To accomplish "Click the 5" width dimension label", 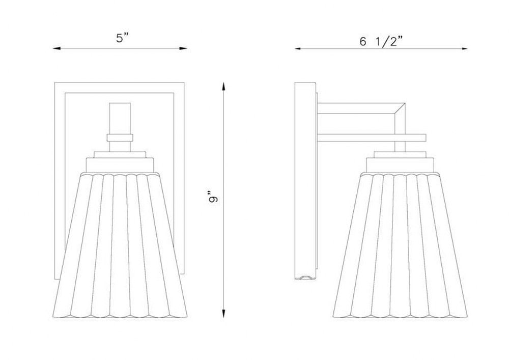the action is click(x=122, y=38).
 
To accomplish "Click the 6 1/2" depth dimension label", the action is click(x=381, y=42).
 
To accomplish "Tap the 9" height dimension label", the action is click(x=213, y=199).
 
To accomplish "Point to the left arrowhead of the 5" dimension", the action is click(x=57, y=49).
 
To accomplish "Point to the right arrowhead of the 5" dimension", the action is click(x=183, y=49).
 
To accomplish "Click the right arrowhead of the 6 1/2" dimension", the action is click(x=464, y=49).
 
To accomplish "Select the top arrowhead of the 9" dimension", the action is click(x=223, y=87).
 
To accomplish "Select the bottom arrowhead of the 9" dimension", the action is click(x=223, y=314).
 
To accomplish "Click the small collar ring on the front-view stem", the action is click(x=120, y=138).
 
